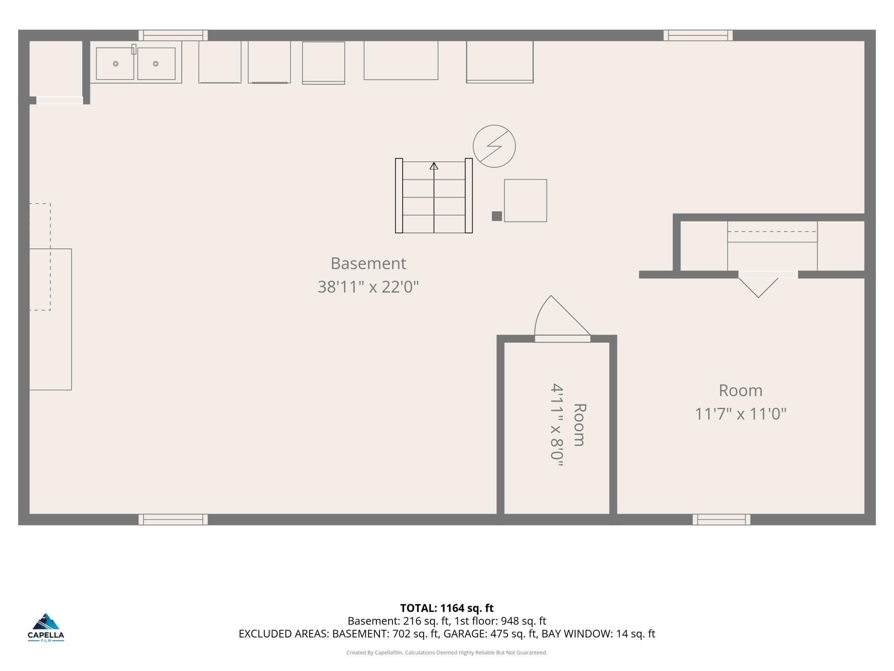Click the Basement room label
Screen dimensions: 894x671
[368, 263]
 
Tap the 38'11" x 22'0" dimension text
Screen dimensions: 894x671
[368, 286]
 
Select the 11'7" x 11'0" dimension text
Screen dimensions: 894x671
[741, 414]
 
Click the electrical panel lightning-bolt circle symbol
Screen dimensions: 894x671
[494, 146]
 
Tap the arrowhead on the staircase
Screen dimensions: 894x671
[434, 166]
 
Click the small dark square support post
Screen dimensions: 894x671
[497, 216]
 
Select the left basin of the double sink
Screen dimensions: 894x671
[115, 64]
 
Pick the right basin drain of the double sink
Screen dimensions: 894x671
[156, 64]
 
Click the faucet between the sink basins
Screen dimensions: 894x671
[134, 49]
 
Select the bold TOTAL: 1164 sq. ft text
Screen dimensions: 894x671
[447, 608]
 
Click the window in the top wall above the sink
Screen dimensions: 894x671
[173, 35]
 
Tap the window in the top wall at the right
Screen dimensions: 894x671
[698, 35]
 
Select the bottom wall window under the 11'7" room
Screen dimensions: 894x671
[722, 519]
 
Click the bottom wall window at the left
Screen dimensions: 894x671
[173, 519]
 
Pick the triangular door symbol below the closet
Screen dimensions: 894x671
[758, 287]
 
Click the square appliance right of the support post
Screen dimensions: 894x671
[525, 200]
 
